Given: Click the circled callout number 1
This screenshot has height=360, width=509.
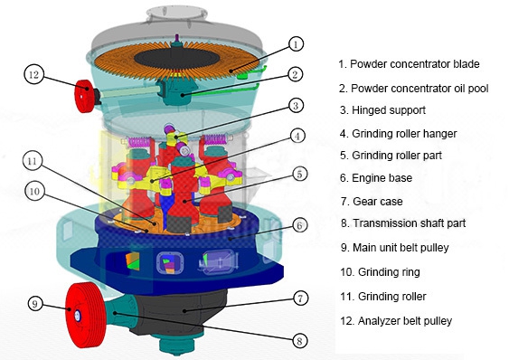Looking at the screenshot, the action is [295, 44].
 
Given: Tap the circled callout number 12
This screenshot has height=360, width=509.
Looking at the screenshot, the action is [33, 74].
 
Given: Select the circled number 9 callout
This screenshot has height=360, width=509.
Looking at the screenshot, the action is [35, 304].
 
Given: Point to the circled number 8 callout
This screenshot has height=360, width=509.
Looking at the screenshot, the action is [299, 340].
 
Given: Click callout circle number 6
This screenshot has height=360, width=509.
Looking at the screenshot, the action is [299, 225].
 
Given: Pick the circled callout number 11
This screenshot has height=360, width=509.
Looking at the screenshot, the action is [33, 162].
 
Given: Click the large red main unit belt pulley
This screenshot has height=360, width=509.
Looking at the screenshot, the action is [85, 315].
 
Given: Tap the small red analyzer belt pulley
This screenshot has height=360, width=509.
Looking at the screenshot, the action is [86, 96].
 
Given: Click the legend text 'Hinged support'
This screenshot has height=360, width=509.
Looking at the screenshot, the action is [388, 110].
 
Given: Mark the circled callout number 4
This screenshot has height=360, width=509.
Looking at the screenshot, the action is [297, 137].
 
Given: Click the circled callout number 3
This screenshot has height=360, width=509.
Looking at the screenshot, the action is [296, 106].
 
